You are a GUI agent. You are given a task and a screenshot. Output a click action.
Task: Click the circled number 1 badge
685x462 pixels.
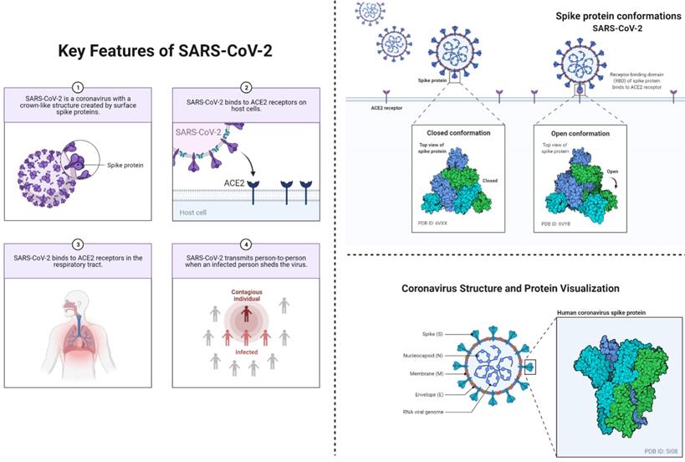click(78, 86)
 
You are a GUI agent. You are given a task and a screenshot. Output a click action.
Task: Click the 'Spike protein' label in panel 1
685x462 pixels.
click(125, 165)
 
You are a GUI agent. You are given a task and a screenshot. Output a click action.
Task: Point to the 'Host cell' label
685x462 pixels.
click(194, 213)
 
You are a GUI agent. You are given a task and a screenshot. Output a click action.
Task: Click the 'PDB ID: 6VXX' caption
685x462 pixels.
click(437, 223)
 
